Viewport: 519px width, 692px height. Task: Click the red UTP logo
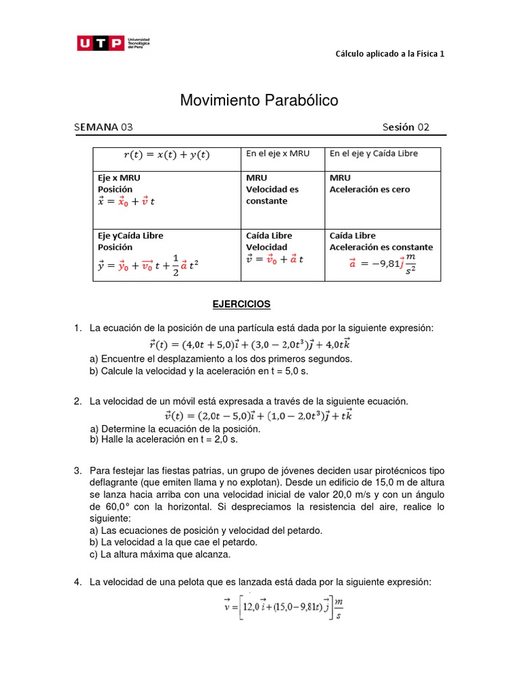tap(101, 44)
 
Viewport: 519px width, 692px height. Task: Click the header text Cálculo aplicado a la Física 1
tap(390, 54)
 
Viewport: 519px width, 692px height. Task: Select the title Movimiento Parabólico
tap(259, 101)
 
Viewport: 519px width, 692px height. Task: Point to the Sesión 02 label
tap(405, 127)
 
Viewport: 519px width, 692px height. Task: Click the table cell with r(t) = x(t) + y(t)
tap(166, 155)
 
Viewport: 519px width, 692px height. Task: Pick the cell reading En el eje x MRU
tap(278, 153)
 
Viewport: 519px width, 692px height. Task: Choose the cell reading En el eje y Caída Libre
tap(374, 153)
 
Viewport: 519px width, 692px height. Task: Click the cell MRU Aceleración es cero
tap(369, 184)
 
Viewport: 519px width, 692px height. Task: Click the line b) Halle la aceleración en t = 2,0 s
tap(164, 439)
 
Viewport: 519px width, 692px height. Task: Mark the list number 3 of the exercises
tap(77, 470)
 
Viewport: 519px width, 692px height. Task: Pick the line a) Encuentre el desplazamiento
tap(221, 359)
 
